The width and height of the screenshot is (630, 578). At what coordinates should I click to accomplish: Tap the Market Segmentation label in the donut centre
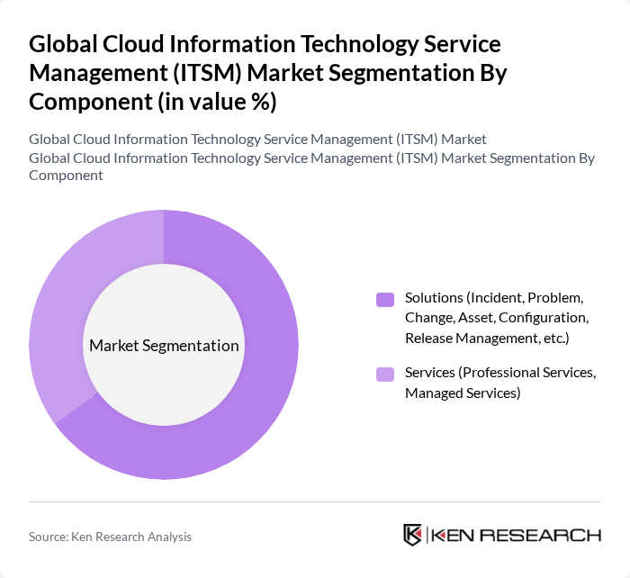coord(164,346)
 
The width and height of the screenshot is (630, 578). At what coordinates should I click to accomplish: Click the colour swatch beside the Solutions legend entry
coord(385,300)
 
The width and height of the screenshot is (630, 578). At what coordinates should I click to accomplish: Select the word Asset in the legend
coord(474,318)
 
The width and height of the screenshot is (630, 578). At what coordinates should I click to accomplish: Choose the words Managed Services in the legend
coord(462,393)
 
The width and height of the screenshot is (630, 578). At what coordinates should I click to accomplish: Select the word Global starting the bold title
coord(58,45)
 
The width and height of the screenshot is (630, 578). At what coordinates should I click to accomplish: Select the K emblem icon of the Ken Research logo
coord(413,535)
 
